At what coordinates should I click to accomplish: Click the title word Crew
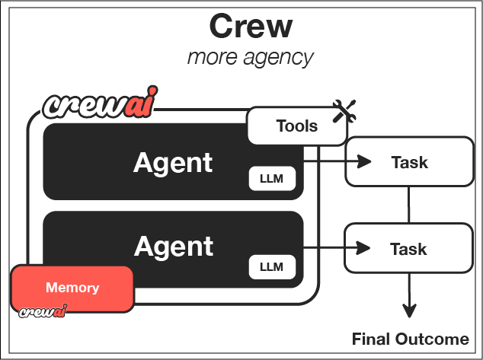click(x=251, y=27)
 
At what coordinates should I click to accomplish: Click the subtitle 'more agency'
click(x=251, y=57)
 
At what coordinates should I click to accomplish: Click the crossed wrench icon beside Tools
click(x=345, y=113)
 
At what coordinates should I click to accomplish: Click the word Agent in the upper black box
click(x=173, y=162)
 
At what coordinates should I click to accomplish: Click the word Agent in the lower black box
click(x=173, y=246)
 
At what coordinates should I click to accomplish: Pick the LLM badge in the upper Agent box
click(x=272, y=180)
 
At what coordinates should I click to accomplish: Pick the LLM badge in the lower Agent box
click(x=272, y=266)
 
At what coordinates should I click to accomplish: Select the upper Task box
click(x=408, y=162)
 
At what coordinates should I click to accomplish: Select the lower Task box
click(x=408, y=249)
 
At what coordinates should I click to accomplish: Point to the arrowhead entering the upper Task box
click(x=364, y=161)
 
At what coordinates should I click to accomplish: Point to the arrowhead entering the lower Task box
click(x=364, y=247)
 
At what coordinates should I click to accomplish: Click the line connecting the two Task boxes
click(x=409, y=205)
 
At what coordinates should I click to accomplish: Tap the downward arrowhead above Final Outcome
click(x=410, y=311)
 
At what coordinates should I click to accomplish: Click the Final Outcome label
click(x=410, y=339)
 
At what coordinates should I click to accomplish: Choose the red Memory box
click(x=72, y=288)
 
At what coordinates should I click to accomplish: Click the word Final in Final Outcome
click(x=371, y=339)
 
